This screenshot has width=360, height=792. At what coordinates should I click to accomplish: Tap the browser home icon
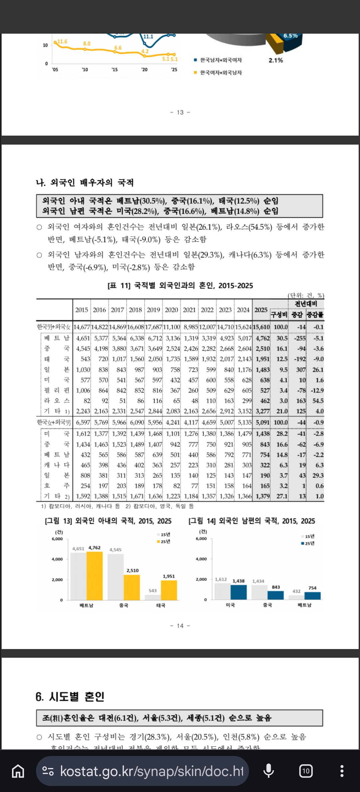[x=18, y=771]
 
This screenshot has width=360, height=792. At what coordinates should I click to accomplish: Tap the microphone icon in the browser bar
[x=269, y=771]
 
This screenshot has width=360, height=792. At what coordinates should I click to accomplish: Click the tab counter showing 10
[x=306, y=771]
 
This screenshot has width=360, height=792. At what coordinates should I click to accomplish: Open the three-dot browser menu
[x=342, y=771]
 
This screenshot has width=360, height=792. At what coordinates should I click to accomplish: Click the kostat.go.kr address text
[x=152, y=771]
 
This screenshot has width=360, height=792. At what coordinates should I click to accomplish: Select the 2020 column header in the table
[x=171, y=310]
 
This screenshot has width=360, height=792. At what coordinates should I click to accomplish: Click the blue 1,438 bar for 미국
[x=239, y=592]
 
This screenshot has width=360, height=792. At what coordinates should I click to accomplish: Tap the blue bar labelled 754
[x=312, y=596]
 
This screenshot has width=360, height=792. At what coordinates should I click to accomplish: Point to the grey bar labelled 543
[x=153, y=597]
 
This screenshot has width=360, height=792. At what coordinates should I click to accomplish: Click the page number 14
[x=180, y=626]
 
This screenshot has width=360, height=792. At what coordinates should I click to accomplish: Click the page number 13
[x=180, y=112]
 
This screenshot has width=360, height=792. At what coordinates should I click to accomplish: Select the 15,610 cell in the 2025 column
[x=261, y=327]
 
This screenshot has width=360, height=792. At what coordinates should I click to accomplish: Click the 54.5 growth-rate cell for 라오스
[x=318, y=401]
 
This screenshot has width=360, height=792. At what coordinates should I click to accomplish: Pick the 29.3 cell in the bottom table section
[x=318, y=475]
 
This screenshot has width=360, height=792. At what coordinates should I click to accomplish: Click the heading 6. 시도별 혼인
[x=70, y=697]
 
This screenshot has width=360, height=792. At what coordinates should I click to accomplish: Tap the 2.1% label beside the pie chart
[x=276, y=60]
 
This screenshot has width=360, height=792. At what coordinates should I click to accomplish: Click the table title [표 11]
[x=180, y=286]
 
